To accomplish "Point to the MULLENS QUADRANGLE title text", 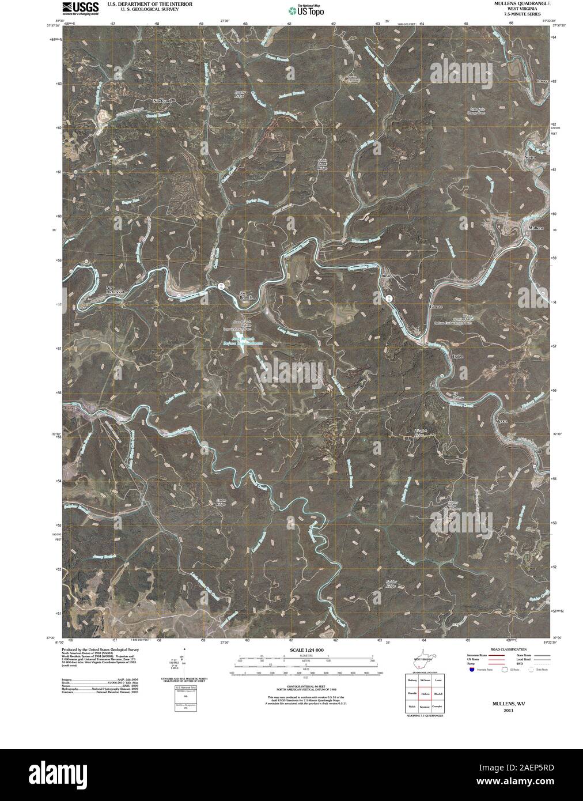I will coord(513,3).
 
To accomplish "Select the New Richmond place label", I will coord(115,290).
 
